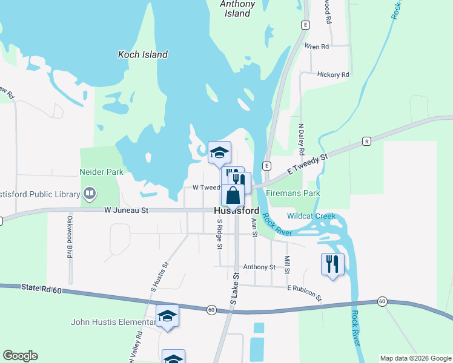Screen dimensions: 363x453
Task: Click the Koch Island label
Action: [142, 54]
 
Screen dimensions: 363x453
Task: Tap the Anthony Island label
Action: [237, 8]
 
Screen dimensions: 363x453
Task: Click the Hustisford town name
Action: [236, 211]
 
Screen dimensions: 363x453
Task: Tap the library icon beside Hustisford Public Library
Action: [90, 194]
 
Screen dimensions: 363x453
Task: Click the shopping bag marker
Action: [233, 196]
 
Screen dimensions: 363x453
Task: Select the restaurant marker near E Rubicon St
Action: [332, 264]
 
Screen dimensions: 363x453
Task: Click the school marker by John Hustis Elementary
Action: [168, 316]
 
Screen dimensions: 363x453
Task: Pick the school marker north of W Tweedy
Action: [220, 153]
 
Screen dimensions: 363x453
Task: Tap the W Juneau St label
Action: [126, 211]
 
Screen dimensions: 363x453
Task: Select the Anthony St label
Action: [259, 267]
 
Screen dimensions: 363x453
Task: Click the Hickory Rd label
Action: [333, 74]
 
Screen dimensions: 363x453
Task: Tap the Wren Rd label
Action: [317, 46]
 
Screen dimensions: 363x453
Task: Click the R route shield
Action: [366, 141]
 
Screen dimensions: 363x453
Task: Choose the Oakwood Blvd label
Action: [70, 237]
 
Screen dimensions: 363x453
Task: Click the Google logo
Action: [20, 356]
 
